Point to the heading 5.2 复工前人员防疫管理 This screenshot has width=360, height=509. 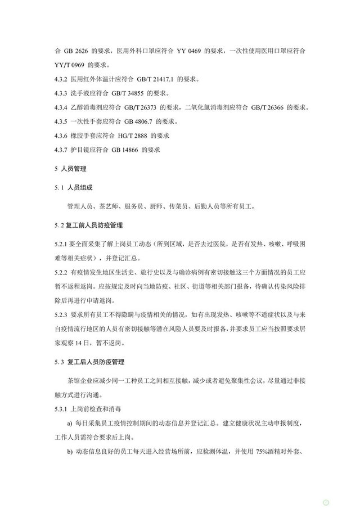coord(88,226)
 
